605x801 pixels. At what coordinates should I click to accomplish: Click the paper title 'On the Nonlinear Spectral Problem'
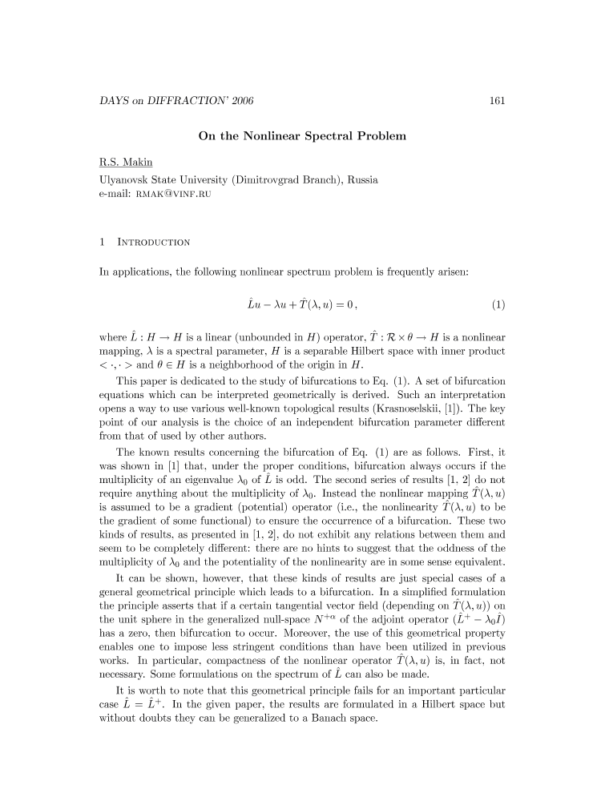pyautogui.click(x=302, y=136)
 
